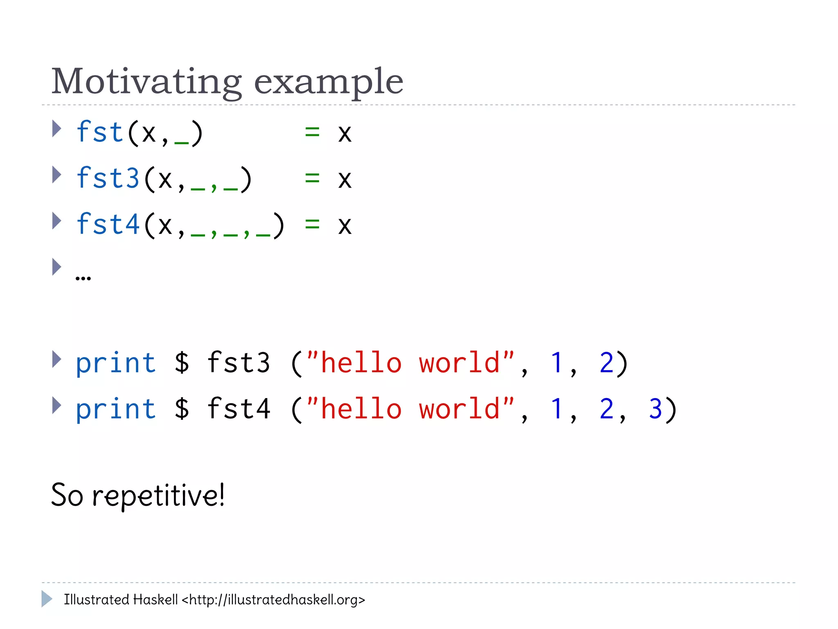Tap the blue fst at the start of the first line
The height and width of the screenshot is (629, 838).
click(x=100, y=132)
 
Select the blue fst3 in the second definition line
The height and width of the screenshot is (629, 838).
click(x=108, y=179)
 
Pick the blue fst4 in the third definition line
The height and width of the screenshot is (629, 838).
click(x=108, y=224)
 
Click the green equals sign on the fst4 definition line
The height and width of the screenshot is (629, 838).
click(x=312, y=224)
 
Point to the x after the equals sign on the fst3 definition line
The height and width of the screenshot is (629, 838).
click(x=345, y=179)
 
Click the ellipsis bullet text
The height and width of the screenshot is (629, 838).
click(x=83, y=277)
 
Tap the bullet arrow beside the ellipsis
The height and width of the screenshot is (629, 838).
click(x=56, y=267)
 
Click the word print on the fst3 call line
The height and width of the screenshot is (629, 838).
click(x=116, y=363)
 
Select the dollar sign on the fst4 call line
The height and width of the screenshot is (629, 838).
click(x=182, y=409)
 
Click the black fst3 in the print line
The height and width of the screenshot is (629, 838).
click(x=239, y=363)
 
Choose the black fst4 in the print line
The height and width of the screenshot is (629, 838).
click(x=239, y=409)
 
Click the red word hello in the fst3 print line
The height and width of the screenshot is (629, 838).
click(x=361, y=363)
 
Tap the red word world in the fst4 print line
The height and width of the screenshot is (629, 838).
click(x=459, y=409)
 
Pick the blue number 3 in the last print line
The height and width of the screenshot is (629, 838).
click(x=656, y=409)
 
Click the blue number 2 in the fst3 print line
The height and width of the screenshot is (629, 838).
click(x=606, y=363)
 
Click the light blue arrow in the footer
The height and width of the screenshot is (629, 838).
click(x=47, y=599)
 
